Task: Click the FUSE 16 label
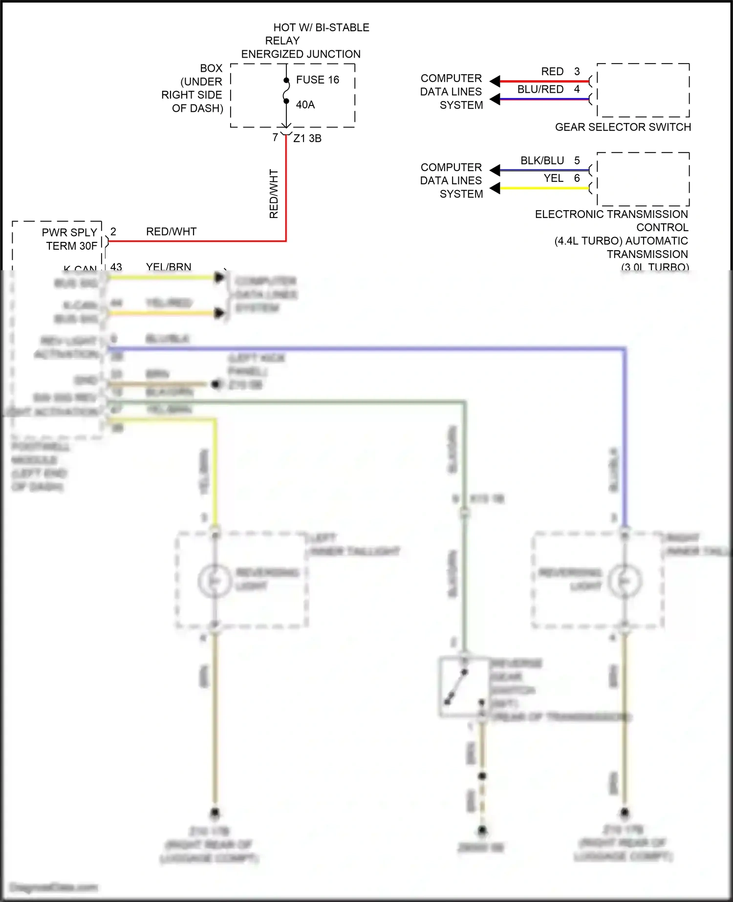(x=317, y=80)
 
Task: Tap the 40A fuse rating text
(x=305, y=105)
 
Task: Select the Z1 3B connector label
(x=307, y=138)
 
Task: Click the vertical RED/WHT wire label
(x=274, y=193)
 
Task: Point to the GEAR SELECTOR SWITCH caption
(x=623, y=127)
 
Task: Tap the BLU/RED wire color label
(x=540, y=89)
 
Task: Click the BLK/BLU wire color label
(x=542, y=161)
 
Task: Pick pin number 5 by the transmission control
(x=577, y=161)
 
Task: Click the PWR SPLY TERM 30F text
(x=71, y=239)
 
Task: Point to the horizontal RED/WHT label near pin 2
(x=171, y=232)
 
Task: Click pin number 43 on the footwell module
(x=116, y=267)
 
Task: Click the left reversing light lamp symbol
(x=214, y=580)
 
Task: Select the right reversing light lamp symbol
(x=625, y=580)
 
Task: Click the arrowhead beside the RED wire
(x=495, y=81)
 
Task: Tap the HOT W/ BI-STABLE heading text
(x=321, y=28)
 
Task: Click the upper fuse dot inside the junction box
(x=286, y=80)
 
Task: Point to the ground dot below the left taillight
(x=215, y=813)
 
